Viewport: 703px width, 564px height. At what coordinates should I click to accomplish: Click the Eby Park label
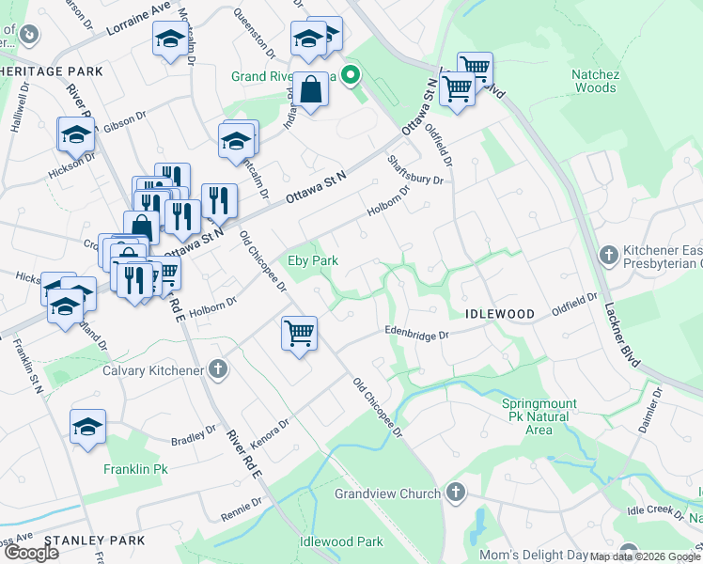point(312,260)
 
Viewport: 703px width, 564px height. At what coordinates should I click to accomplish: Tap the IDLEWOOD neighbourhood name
point(499,313)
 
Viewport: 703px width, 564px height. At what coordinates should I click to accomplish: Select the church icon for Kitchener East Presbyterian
point(609,255)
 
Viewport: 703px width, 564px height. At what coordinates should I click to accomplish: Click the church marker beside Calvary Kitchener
point(218,369)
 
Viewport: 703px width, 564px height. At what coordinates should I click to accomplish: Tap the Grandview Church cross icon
point(455,493)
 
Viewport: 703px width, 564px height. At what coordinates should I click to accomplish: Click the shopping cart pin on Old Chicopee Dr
point(299,332)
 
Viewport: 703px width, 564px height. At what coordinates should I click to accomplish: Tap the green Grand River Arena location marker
point(351,75)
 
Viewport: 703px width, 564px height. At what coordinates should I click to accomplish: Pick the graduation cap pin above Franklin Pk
point(88,426)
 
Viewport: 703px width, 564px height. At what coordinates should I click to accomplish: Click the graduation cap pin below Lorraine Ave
point(170,39)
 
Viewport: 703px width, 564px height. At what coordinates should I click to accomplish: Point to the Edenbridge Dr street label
point(418,332)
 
